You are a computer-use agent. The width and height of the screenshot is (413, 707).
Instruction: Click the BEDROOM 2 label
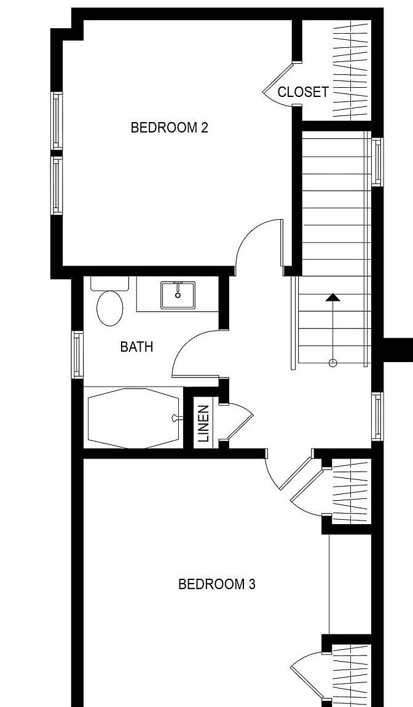[x=169, y=128]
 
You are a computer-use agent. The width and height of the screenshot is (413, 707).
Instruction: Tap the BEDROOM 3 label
[x=217, y=584]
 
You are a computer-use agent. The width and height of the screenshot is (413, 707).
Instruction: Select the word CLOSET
[x=303, y=92]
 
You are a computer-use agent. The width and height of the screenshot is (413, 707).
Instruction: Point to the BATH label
[x=137, y=347]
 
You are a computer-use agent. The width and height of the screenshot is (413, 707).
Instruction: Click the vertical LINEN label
[x=203, y=423]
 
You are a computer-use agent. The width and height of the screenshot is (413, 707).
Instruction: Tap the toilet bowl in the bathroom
[x=110, y=308]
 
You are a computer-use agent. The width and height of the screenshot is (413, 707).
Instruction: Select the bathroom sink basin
[x=178, y=295]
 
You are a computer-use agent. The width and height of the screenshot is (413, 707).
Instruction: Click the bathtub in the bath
[x=133, y=418]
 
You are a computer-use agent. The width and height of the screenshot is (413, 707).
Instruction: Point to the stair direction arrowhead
[x=333, y=297]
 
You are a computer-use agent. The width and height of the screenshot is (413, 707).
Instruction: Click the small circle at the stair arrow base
[x=333, y=363]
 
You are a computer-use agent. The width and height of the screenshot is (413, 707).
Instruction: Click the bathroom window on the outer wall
[x=77, y=354]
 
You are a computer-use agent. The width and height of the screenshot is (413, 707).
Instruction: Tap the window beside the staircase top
[x=377, y=162]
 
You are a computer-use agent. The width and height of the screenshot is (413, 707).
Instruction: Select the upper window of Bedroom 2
[x=57, y=120]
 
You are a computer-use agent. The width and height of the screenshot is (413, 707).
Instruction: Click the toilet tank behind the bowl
[x=109, y=284]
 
